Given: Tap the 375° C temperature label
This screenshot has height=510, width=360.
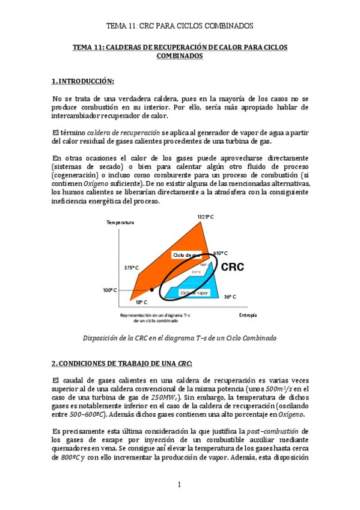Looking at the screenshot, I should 132,268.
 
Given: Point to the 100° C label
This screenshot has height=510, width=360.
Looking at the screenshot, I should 109,290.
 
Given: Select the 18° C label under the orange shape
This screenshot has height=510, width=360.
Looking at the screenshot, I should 141,303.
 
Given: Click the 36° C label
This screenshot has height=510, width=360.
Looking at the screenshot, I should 230,296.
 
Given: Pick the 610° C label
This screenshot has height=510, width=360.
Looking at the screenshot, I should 221,253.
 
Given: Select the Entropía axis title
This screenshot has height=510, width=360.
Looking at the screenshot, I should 248,315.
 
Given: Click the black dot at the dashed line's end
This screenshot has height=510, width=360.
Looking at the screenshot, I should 152,290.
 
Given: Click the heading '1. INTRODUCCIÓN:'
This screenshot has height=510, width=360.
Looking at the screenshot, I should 82,81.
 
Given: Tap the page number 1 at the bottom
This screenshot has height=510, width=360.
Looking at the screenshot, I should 179,485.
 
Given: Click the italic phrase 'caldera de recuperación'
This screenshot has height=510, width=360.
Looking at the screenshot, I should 123,132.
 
